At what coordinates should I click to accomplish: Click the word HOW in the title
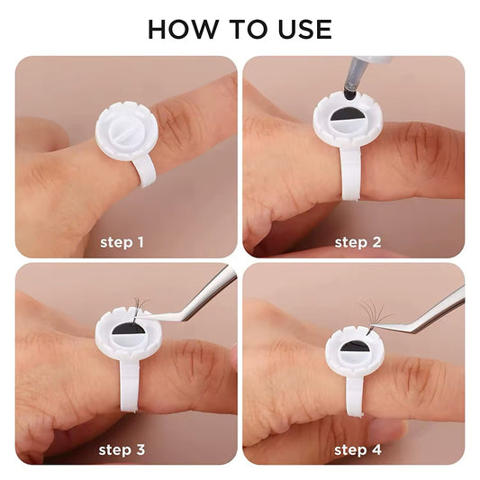click(182, 30)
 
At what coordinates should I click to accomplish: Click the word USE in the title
click(305, 30)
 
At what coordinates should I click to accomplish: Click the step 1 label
click(122, 242)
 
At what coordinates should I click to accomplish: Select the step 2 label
click(358, 242)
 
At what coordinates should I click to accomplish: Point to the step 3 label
click(122, 450)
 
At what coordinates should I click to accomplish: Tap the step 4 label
click(358, 450)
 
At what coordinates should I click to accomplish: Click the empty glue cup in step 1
click(126, 131)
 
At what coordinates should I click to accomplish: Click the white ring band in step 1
click(144, 171)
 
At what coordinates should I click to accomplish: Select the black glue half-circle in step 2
click(347, 113)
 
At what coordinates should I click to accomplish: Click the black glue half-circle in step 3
click(129, 328)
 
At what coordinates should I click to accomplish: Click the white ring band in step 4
click(356, 395)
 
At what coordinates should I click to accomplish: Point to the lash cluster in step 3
click(139, 309)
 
